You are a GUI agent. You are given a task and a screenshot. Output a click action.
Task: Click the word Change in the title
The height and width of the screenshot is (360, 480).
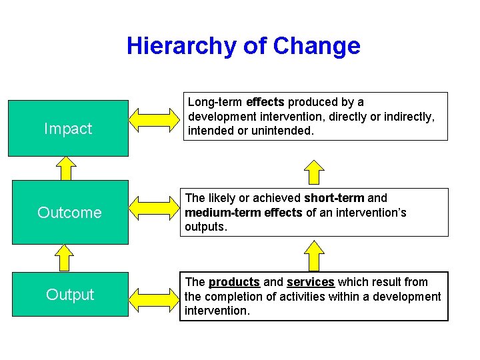(x=317, y=46)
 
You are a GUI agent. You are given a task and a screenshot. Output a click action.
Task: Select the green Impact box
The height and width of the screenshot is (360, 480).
(x=68, y=128)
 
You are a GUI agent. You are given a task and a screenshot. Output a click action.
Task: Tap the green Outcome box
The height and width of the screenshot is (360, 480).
(x=70, y=212)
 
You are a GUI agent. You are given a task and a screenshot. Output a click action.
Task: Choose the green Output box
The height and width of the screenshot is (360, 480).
(x=70, y=294)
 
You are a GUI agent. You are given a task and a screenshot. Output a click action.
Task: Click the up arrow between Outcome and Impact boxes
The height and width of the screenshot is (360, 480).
(x=66, y=168)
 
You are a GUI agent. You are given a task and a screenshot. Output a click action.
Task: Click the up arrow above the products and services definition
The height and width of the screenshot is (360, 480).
(x=314, y=255)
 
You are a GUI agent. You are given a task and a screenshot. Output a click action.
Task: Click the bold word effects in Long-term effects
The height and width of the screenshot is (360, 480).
(x=265, y=103)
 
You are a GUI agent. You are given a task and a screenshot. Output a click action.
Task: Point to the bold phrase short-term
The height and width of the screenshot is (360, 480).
(x=334, y=198)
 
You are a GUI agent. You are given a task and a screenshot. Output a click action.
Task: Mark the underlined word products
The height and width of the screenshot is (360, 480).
(x=234, y=282)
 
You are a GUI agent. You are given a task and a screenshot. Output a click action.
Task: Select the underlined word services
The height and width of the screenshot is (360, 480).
(x=311, y=282)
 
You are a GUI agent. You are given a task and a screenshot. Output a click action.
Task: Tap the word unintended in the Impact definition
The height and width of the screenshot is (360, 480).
(x=281, y=131)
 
